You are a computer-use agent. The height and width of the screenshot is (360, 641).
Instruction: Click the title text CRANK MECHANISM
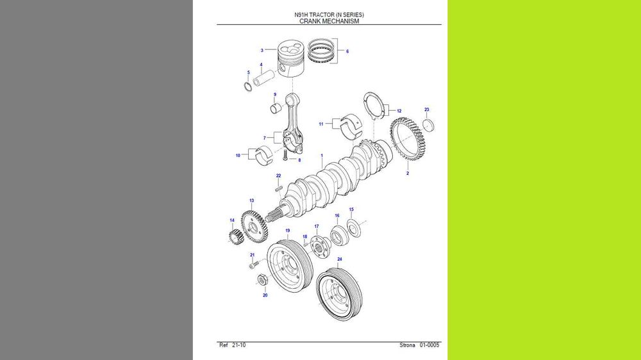coord(329,21)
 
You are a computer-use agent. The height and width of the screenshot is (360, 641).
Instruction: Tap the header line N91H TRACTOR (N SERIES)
coord(329,14)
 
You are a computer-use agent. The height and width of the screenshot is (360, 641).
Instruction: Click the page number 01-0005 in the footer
coord(429,345)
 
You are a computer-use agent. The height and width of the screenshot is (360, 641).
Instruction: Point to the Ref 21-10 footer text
coord(232,345)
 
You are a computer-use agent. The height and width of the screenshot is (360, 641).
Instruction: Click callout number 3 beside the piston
coord(262,50)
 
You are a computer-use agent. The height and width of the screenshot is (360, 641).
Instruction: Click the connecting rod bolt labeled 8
coord(284,154)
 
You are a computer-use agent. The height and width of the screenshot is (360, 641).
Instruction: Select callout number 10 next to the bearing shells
coord(238,155)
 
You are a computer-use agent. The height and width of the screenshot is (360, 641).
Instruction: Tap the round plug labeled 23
coord(428,124)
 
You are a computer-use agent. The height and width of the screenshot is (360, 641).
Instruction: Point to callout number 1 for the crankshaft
coord(322,156)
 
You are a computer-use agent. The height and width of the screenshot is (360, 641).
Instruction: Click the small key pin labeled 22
coord(279,188)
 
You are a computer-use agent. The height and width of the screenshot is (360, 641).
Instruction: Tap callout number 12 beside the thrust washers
coord(399,111)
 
